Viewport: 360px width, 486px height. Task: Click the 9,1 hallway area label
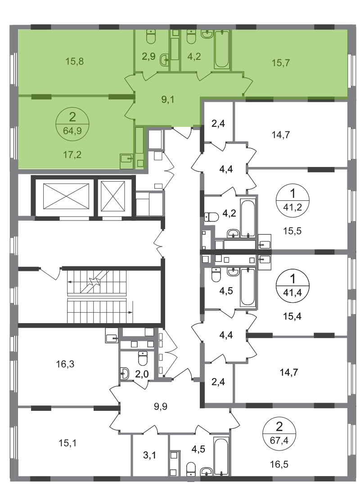click(x=167, y=99)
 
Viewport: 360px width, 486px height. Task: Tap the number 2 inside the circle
click(x=72, y=118)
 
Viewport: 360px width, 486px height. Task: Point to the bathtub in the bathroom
click(x=222, y=49)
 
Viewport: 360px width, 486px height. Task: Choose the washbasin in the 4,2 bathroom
click(x=207, y=35)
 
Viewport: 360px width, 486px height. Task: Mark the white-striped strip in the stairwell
click(x=96, y=297)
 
